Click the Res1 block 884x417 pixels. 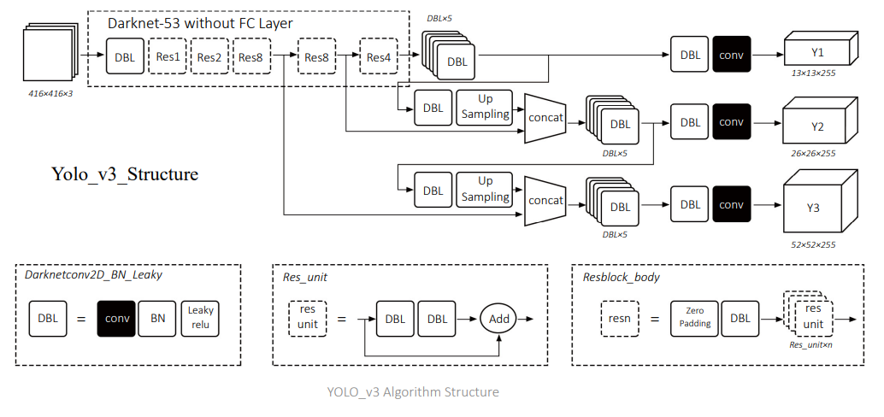pyautogui.click(x=168, y=57)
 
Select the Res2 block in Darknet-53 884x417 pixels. pyautogui.click(x=209, y=57)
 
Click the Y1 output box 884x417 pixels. pyautogui.click(x=816, y=53)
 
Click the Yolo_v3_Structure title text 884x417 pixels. pyautogui.click(x=125, y=174)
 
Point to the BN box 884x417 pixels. pyautogui.click(x=158, y=318)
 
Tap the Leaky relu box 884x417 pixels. pyautogui.click(x=201, y=318)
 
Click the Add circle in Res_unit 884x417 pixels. pyautogui.click(x=499, y=318)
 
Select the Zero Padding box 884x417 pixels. pyautogui.click(x=694, y=318)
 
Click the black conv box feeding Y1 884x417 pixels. pyautogui.click(x=732, y=53)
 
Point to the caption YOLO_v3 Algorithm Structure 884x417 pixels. pyautogui.click(x=413, y=392)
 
